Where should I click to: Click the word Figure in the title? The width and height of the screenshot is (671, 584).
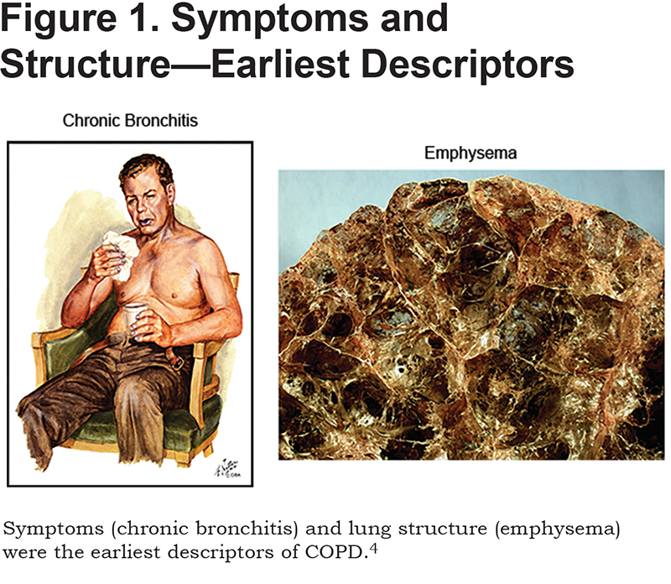pyautogui.click(x=58, y=20)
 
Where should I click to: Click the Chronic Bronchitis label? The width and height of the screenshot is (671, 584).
pyautogui.click(x=130, y=121)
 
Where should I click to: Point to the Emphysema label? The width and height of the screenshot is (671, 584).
pyautogui.click(x=471, y=154)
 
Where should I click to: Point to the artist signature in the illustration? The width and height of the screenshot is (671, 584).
pyautogui.click(x=226, y=468)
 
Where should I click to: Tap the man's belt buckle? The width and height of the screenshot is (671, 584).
pyautogui.click(x=177, y=362)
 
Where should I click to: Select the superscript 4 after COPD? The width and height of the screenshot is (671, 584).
pyautogui.click(x=373, y=549)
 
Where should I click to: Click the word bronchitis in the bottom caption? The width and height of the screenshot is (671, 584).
pyautogui.click(x=244, y=529)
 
